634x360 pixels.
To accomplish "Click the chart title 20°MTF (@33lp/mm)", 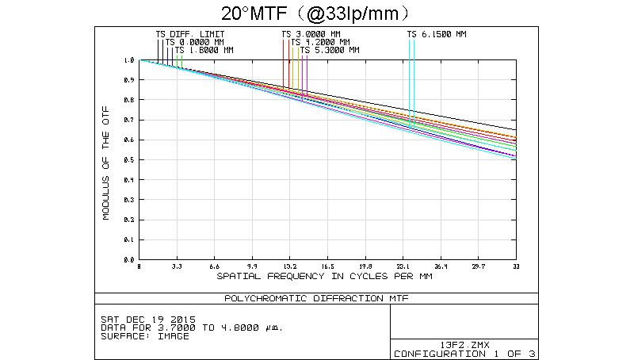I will click(317, 13).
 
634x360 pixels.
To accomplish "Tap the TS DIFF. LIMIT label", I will click(190, 34).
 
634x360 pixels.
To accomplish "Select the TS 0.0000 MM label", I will click(195, 42).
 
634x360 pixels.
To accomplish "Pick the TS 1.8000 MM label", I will click(204, 50).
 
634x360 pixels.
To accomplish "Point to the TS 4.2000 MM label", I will click(320, 42).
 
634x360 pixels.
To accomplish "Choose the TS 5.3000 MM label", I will click(330, 50).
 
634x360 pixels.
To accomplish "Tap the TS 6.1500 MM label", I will click(437, 34).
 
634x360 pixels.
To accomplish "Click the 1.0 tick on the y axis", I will click(130, 60).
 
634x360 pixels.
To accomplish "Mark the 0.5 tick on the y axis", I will click(130, 160).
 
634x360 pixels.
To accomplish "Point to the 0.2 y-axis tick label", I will click(130, 220).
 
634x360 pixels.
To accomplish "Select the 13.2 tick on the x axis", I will click(290, 266).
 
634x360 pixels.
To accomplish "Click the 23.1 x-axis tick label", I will click(403, 266).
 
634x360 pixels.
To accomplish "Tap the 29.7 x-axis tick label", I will click(479, 266).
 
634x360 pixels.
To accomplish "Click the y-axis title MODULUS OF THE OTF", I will click(105, 160).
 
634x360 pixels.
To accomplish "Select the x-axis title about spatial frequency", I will click(324, 278).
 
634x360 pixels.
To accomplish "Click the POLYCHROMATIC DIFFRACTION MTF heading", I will click(317, 298).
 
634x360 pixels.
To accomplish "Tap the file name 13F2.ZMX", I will click(465, 344).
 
